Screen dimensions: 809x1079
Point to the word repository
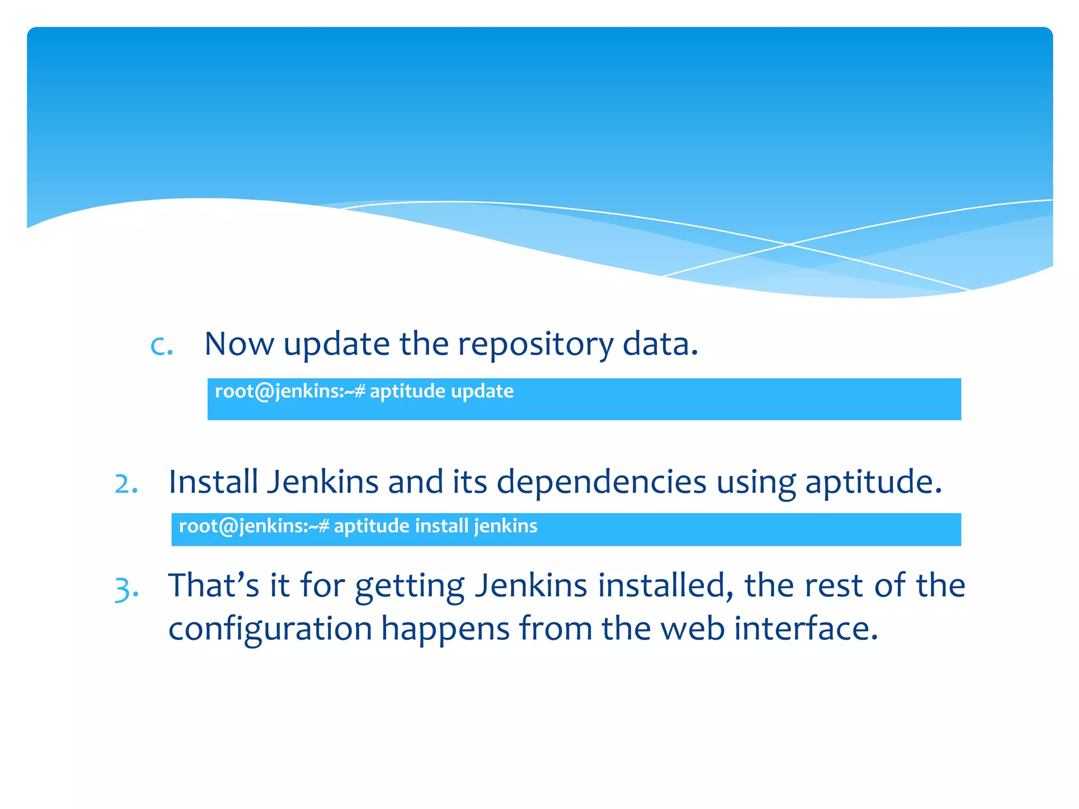pos(535,345)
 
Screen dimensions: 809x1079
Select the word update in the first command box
pos(482,391)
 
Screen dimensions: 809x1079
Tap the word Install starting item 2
pos(213,481)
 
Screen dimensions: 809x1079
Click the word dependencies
pos(601,482)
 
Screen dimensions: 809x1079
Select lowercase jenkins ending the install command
pos(505,526)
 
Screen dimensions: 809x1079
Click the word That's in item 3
pos(214,585)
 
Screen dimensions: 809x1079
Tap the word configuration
pos(270,629)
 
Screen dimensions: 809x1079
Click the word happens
pos(445,629)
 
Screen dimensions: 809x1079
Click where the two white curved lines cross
pos(789,244)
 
